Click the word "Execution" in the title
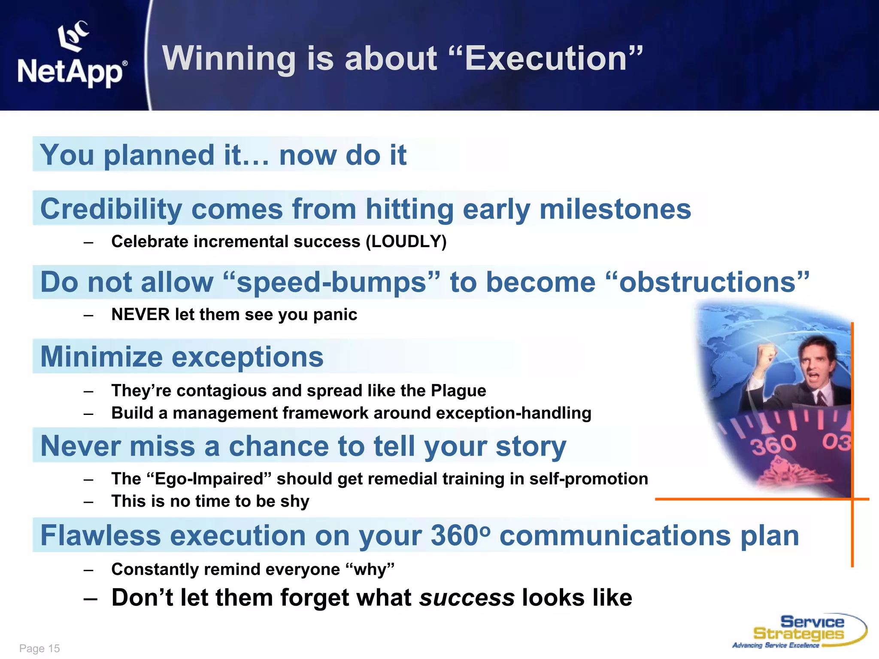(546, 58)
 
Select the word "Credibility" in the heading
(111, 209)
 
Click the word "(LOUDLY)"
(406, 242)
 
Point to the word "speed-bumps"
(332, 283)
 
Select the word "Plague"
(458, 390)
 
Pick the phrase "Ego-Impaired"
(209, 479)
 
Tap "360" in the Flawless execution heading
(455, 535)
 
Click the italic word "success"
(467, 598)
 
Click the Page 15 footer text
(39, 648)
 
